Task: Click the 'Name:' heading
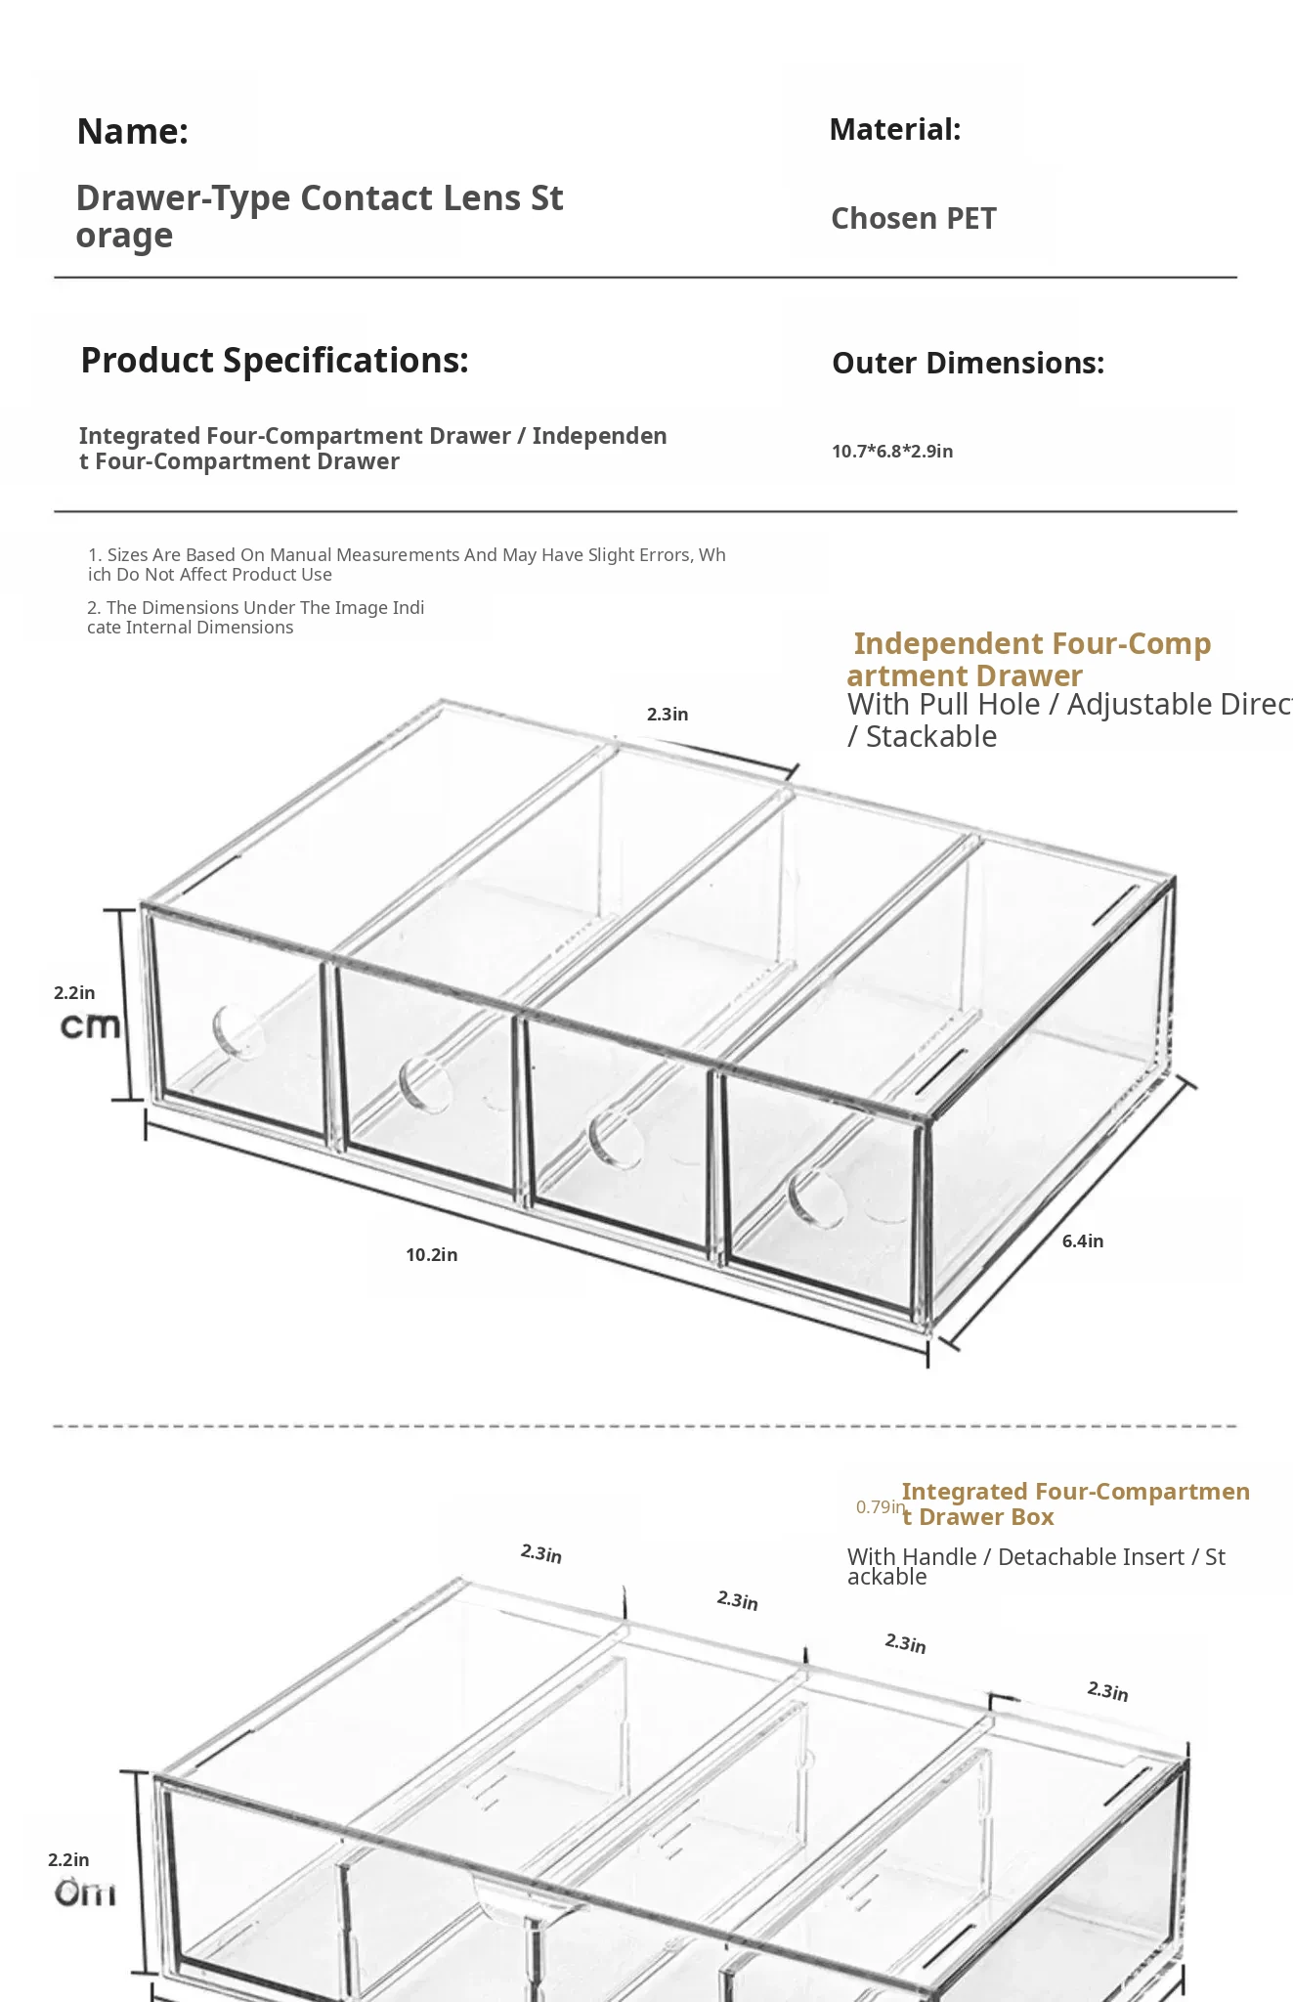pyautogui.click(x=132, y=132)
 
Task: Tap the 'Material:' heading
pyautogui.click(x=894, y=129)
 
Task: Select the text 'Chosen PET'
pyautogui.click(x=913, y=219)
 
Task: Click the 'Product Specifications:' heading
pyautogui.click(x=275, y=361)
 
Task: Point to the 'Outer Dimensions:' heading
pyautogui.click(x=968, y=363)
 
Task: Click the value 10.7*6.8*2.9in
pyautogui.click(x=892, y=452)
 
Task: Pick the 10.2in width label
pyautogui.click(x=431, y=1255)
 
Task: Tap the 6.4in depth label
pyautogui.click(x=1082, y=1241)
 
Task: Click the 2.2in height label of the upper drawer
pyautogui.click(x=74, y=993)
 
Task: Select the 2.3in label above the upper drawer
pyautogui.click(x=668, y=715)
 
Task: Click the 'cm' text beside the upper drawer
pyautogui.click(x=90, y=1026)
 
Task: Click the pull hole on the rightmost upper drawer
pyautogui.click(x=816, y=1197)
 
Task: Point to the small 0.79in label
pyautogui.click(x=880, y=1507)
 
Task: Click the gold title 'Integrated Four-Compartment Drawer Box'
pyautogui.click(x=1075, y=1504)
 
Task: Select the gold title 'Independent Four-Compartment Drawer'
pyautogui.click(x=1030, y=660)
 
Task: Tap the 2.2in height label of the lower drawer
pyautogui.click(x=68, y=1860)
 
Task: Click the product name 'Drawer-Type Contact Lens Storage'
pyautogui.click(x=319, y=216)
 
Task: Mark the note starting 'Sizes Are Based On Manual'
pyautogui.click(x=406, y=565)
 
